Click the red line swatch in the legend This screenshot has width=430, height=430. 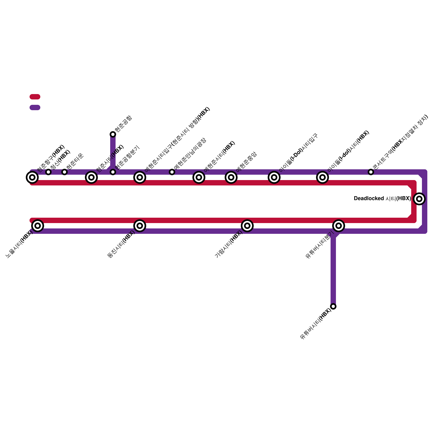click(x=35, y=97)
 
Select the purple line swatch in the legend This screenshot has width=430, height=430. click(x=35, y=107)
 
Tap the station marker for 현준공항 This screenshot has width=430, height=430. click(x=113, y=134)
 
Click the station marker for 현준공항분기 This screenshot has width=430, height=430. click(x=113, y=172)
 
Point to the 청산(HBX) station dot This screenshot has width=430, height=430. click(x=48, y=172)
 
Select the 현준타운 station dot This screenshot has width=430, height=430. click(x=64, y=172)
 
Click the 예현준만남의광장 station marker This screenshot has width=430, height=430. click(x=172, y=172)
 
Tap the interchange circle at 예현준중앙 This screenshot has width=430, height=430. click(x=231, y=177)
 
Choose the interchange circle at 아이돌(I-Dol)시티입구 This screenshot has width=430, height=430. click(x=274, y=177)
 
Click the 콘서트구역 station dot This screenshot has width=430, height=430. click(x=371, y=172)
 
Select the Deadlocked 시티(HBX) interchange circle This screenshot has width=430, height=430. click(x=419, y=199)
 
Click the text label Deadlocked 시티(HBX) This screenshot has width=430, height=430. click(x=382, y=199)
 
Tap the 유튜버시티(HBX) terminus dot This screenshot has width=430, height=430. click(x=333, y=306)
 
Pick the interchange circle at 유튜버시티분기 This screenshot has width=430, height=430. click(x=339, y=226)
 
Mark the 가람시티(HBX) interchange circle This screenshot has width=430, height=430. click(x=247, y=226)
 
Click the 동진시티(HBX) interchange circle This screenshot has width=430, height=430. click(x=140, y=226)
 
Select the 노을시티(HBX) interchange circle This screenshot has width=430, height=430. click(x=38, y=226)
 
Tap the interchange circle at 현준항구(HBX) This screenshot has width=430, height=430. click(x=32, y=177)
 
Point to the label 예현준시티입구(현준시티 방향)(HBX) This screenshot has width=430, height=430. click(x=177, y=140)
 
